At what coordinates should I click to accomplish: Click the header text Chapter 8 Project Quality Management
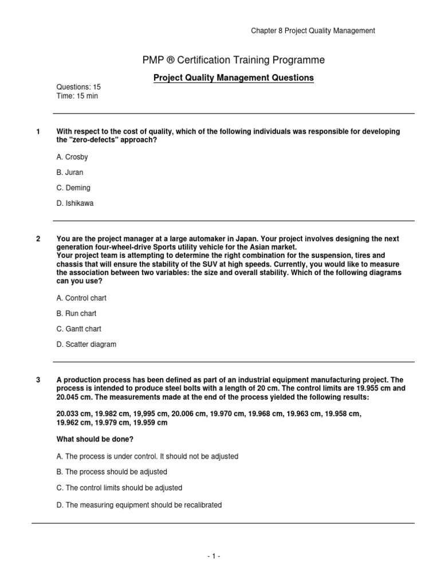[313, 31]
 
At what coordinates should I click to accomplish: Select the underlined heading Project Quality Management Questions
[233, 78]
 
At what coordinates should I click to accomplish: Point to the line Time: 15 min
[77, 96]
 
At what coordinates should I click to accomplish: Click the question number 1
[38, 132]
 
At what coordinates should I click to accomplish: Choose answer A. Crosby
[72, 157]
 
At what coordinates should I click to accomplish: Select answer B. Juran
[70, 172]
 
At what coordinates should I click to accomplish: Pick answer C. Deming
[73, 187]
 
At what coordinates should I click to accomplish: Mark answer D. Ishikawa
[74, 203]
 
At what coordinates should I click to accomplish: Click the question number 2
[38, 238]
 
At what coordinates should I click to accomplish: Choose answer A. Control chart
[81, 298]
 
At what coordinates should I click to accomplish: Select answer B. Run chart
[76, 314]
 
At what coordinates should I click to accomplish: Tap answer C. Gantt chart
[78, 329]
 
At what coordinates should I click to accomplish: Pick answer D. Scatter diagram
[86, 345]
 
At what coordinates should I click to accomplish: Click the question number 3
[38, 379]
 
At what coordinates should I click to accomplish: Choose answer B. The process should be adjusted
[112, 472]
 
